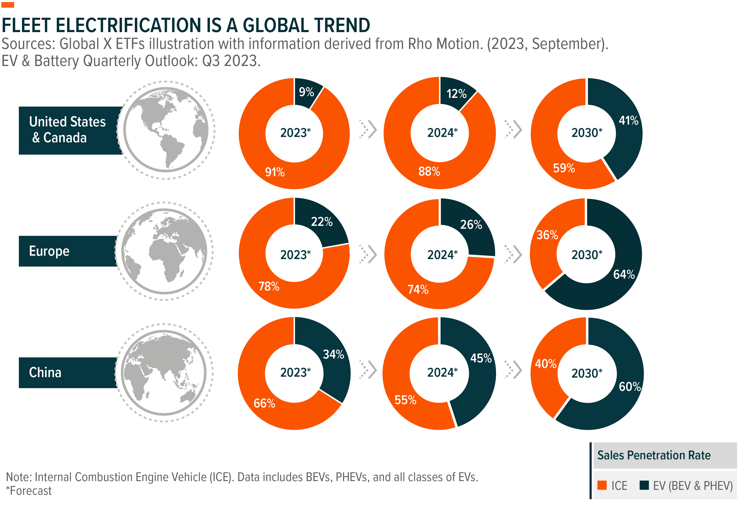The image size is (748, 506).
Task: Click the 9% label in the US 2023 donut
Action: pyautogui.click(x=306, y=92)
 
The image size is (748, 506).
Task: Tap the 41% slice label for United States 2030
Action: pyautogui.click(x=628, y=121)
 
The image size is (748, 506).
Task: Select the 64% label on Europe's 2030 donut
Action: pyautogui.click(x=624, y=274)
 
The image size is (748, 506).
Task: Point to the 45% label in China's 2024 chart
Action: pyautogui.click(x=481, y=358)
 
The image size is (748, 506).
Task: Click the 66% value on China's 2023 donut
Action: pyautogui.click(x=264, y=403)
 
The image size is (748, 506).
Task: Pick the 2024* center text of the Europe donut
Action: pyautogui.click(x=442, y=255)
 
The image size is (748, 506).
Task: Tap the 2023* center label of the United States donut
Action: pyautogui.click(x=295, y=133)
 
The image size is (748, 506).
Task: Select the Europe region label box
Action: pyautogui.click(x=68, y=251)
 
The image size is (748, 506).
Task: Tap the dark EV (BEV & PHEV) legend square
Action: pyautogui.click(x=644, y=485)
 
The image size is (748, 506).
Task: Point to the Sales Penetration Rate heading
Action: pyautogui.click(x=654, y=455)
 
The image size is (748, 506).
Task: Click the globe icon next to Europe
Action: pyautogui.click(x=164, y=251)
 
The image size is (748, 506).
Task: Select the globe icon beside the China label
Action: pyautogui.click(x=164, y=373)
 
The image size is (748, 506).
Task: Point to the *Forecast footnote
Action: pyautogui.click(x=29, y=491)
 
